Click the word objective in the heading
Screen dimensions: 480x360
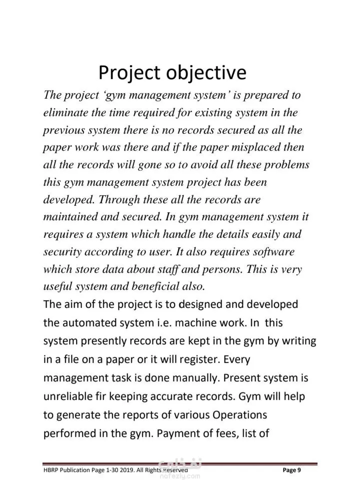206,73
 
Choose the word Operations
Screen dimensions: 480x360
240,415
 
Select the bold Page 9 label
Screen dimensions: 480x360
291,470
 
